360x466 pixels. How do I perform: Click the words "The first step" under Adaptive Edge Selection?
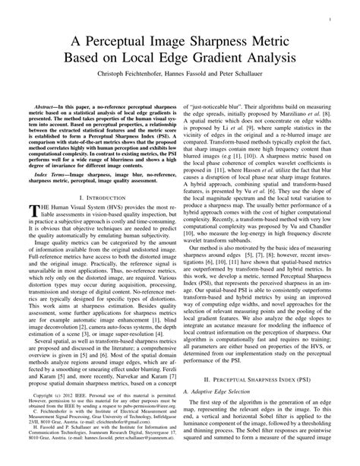[217, 408]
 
